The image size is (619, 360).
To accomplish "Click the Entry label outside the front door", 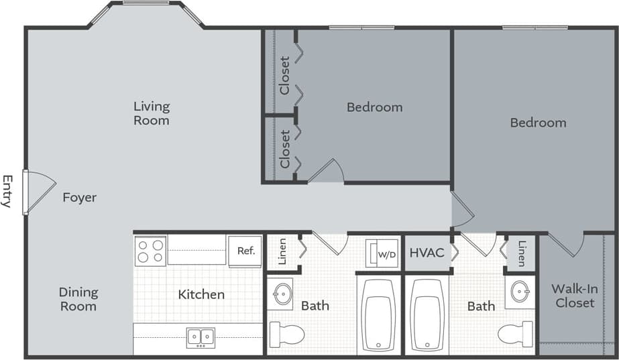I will tap(7, 191).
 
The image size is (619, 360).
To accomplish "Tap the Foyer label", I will tap(80, 198).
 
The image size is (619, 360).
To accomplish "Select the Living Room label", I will tap(152, 113).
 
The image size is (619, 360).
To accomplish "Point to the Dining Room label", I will tap(78, 299).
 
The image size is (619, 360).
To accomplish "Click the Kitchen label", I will tap(201, 294).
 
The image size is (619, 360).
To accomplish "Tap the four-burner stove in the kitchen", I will tap(150, 251).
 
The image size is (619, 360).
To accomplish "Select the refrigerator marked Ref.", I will tap(245, 251).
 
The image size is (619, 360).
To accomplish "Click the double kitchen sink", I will tap(201, 337).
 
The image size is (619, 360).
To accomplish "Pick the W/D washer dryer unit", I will tap(382, 253).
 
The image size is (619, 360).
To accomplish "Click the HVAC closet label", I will tap(427, 253).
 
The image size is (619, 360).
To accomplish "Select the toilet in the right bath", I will tap(516, 333).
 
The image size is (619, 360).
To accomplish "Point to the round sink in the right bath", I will tap(520, 292).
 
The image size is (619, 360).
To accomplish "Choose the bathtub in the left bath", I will tap(378, 314).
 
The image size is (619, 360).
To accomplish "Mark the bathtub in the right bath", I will tap(427, 314).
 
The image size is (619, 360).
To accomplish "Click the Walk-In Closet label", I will tap(574, 296).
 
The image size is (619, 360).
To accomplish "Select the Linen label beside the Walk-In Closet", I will tap(521, 253).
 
